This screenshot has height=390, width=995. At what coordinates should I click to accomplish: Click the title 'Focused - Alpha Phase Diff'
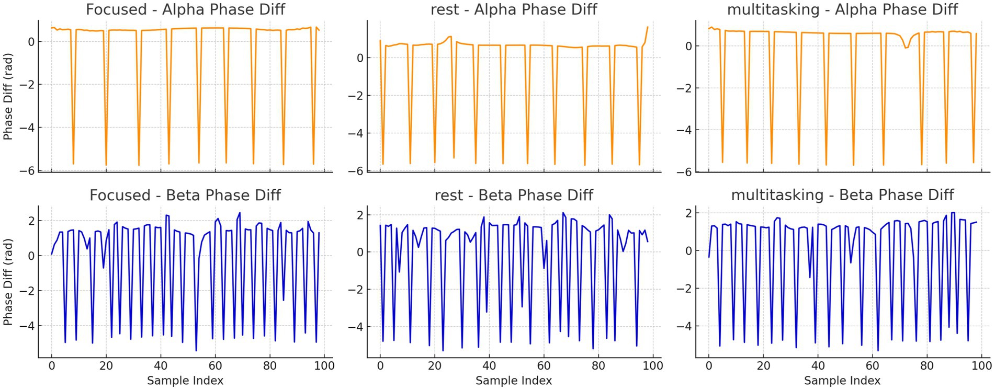pyautogui.click(x=185, y=9)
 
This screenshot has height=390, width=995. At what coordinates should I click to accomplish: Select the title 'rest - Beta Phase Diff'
pyautogui.click(x=514, y=195)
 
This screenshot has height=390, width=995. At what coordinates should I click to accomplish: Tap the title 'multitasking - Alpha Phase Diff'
pyautogui.click(x=842, y=9)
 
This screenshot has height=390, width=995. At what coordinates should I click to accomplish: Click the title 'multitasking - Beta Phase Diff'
pyautogui.click(x=842, y=195)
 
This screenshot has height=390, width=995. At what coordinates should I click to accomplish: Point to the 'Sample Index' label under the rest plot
pyautogui.click(x=514, y=381)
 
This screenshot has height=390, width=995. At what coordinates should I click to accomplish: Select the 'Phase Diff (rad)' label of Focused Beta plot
pyautogui.click(x=8, y=283)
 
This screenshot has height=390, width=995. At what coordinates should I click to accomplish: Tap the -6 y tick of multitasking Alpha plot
pyautogui.click(x=684, y=172)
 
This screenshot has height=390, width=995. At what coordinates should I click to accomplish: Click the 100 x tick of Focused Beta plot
pyautogui.click(x=324, y=366)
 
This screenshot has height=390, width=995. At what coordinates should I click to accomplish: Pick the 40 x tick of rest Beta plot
pyautogui.click(x=489, y=366)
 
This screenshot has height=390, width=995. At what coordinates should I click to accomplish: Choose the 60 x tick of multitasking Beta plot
pyautogui.click(x=873, y=366)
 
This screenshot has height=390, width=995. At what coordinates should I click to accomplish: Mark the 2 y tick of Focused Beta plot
pyautogui.click(x=31, y=221)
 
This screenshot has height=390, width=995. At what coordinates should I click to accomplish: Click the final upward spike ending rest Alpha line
pyautogui.click(x=647, y=28)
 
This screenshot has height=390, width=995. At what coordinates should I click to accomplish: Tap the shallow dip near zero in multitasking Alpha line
pyautogui.click(x=907, y=48)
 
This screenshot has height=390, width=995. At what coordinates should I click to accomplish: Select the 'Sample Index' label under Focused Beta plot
pyautogui.click(x=185, y=381)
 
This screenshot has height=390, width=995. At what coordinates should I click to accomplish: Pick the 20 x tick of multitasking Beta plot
pyautogui.click(x=763, y=366)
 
